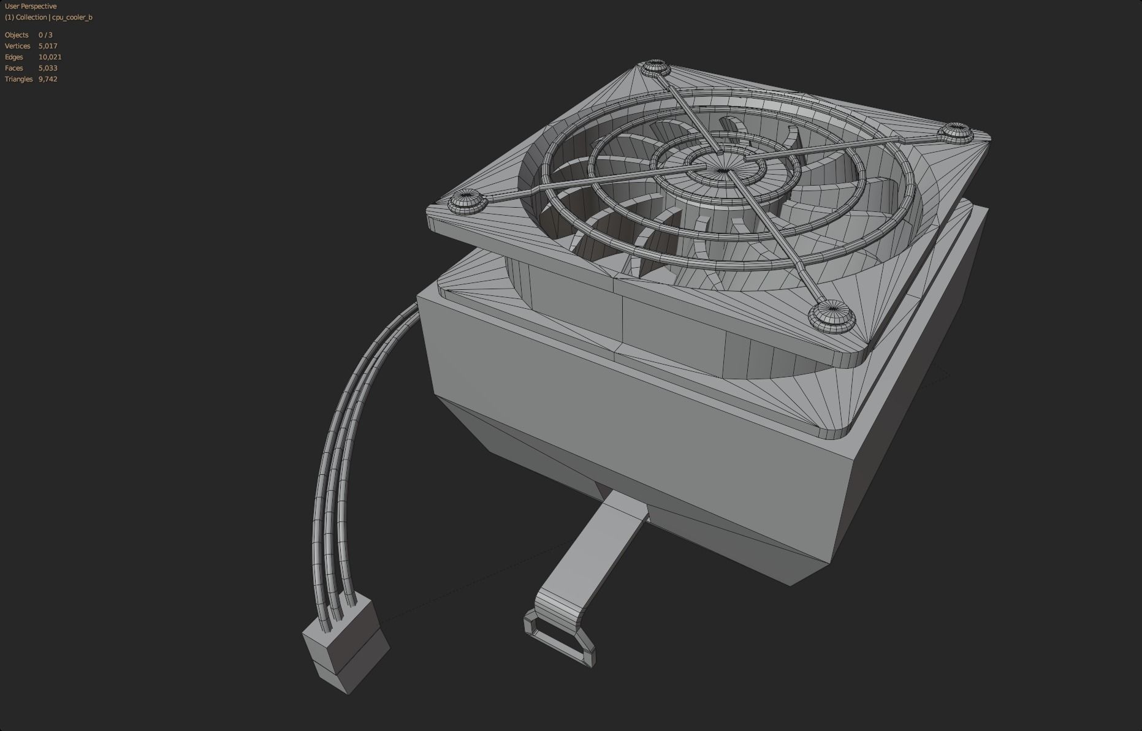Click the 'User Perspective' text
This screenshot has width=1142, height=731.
click(31, 6)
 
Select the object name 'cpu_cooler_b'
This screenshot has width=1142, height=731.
click(72, 17)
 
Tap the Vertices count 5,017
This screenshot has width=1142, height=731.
click(48, 46)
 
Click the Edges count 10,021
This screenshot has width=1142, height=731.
click(50, 57)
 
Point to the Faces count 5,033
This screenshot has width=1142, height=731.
click(48, 68)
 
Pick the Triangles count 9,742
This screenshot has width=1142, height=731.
click(48, 79)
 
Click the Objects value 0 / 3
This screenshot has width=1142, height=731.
click(45, 35)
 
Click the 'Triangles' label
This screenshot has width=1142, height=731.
click(18, 79)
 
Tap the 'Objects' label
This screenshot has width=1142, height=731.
click(17, 35)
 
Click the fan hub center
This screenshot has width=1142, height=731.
click(723, 170)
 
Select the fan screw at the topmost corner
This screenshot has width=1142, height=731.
click(655, 67)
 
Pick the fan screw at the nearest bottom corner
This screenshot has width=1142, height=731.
click(831, 316)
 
